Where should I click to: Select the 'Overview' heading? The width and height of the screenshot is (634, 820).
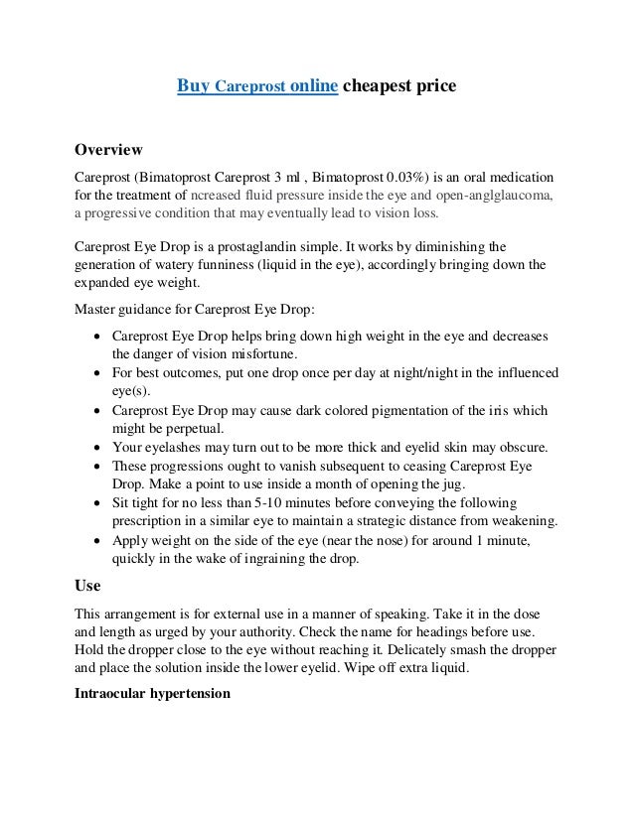tap(109, 150)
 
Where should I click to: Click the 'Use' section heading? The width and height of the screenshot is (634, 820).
tap(87, 585)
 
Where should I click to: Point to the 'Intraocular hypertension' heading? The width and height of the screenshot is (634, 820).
tap(152, 693)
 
